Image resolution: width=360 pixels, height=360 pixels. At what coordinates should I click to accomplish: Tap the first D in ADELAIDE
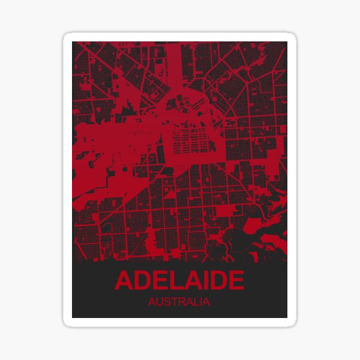[x=142, y=281]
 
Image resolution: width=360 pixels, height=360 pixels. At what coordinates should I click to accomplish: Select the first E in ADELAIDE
[x=159, y=281]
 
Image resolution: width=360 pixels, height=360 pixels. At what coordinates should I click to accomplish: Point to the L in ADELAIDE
[x=174, y=281]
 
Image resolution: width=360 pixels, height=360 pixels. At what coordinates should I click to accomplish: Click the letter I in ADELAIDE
[x=203, y=281]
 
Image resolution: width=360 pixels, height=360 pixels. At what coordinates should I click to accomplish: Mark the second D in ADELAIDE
[x=216, y=281]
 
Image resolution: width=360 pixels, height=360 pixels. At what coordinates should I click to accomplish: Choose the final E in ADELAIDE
[x=235, y=281]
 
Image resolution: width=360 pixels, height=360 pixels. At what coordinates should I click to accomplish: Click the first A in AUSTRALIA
[x=152, y=302]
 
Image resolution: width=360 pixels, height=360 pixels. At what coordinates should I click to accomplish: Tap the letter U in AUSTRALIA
[x=160, y=302]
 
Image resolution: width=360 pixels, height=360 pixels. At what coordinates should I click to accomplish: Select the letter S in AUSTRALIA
[x=167, y=302]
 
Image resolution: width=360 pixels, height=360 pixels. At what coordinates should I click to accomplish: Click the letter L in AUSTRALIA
[x=196, y=302]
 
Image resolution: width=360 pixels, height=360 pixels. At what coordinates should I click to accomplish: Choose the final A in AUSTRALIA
[x=206, y=302]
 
